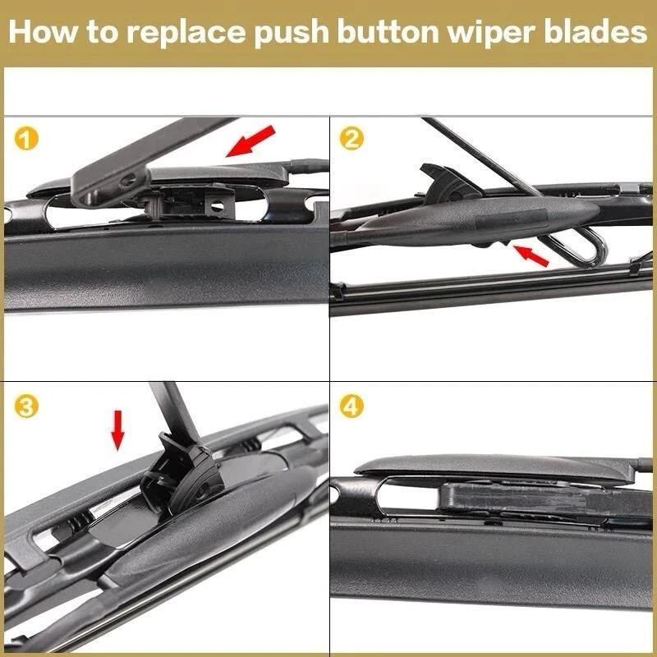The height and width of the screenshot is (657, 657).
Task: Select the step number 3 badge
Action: [27, 407]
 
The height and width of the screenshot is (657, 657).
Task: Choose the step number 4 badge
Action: [352, 407]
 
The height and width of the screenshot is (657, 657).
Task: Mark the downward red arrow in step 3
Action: [118, 430]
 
